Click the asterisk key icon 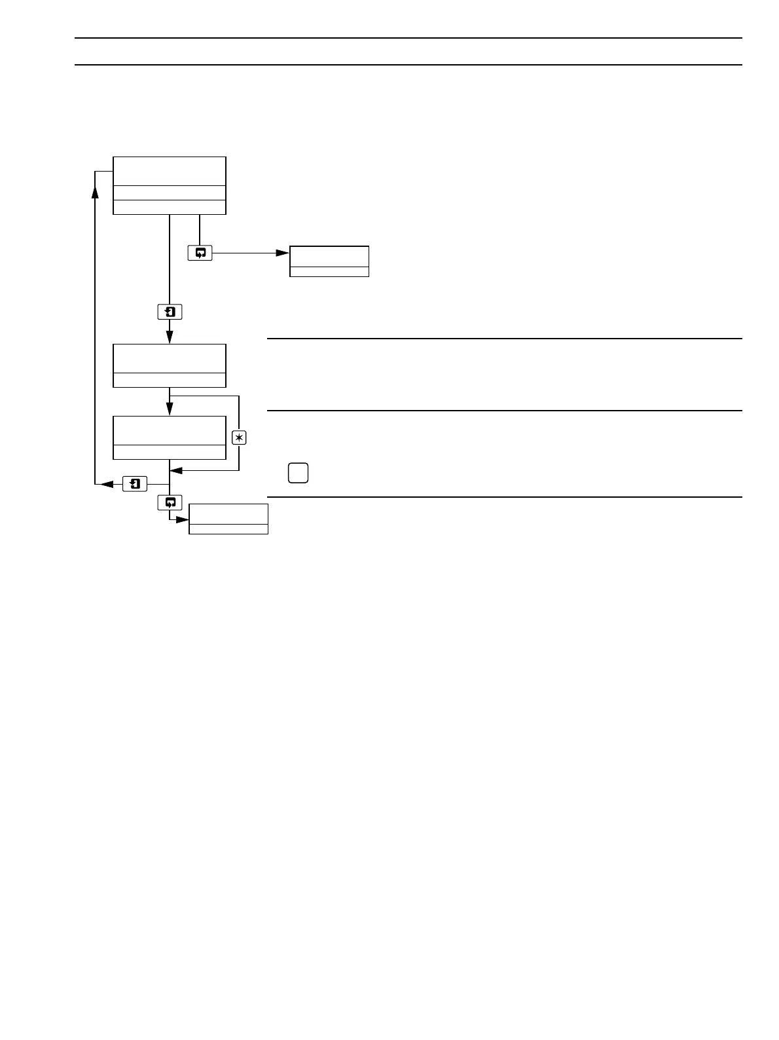[x=239, y=438]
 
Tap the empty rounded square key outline [x=297, y=473]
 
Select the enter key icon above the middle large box [x=170, y=312]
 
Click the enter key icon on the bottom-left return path [x=135, y=484]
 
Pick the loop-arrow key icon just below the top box [x=200, y=253]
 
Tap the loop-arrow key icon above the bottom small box [x=170, y=503]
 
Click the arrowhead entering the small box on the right [x=282, y=253]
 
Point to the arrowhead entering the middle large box [x=170, y=337]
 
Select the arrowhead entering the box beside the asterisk [x=170, y=409]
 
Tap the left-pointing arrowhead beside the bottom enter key [x=104, y=484]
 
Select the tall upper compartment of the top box [x=170, y=171]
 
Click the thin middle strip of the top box [x=170, y=193]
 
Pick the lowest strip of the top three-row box [x=170, y=207]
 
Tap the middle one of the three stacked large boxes [x=170, y=365]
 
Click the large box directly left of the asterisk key [x=170, y=437]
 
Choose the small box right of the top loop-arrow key [x=329, y=261]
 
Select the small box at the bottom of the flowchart [x=228, y=519]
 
